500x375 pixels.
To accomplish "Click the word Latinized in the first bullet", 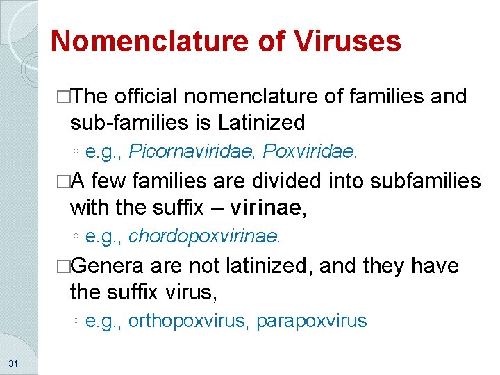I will (x=262, y=123).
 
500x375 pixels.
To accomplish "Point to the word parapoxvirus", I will (x=311, y=322).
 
